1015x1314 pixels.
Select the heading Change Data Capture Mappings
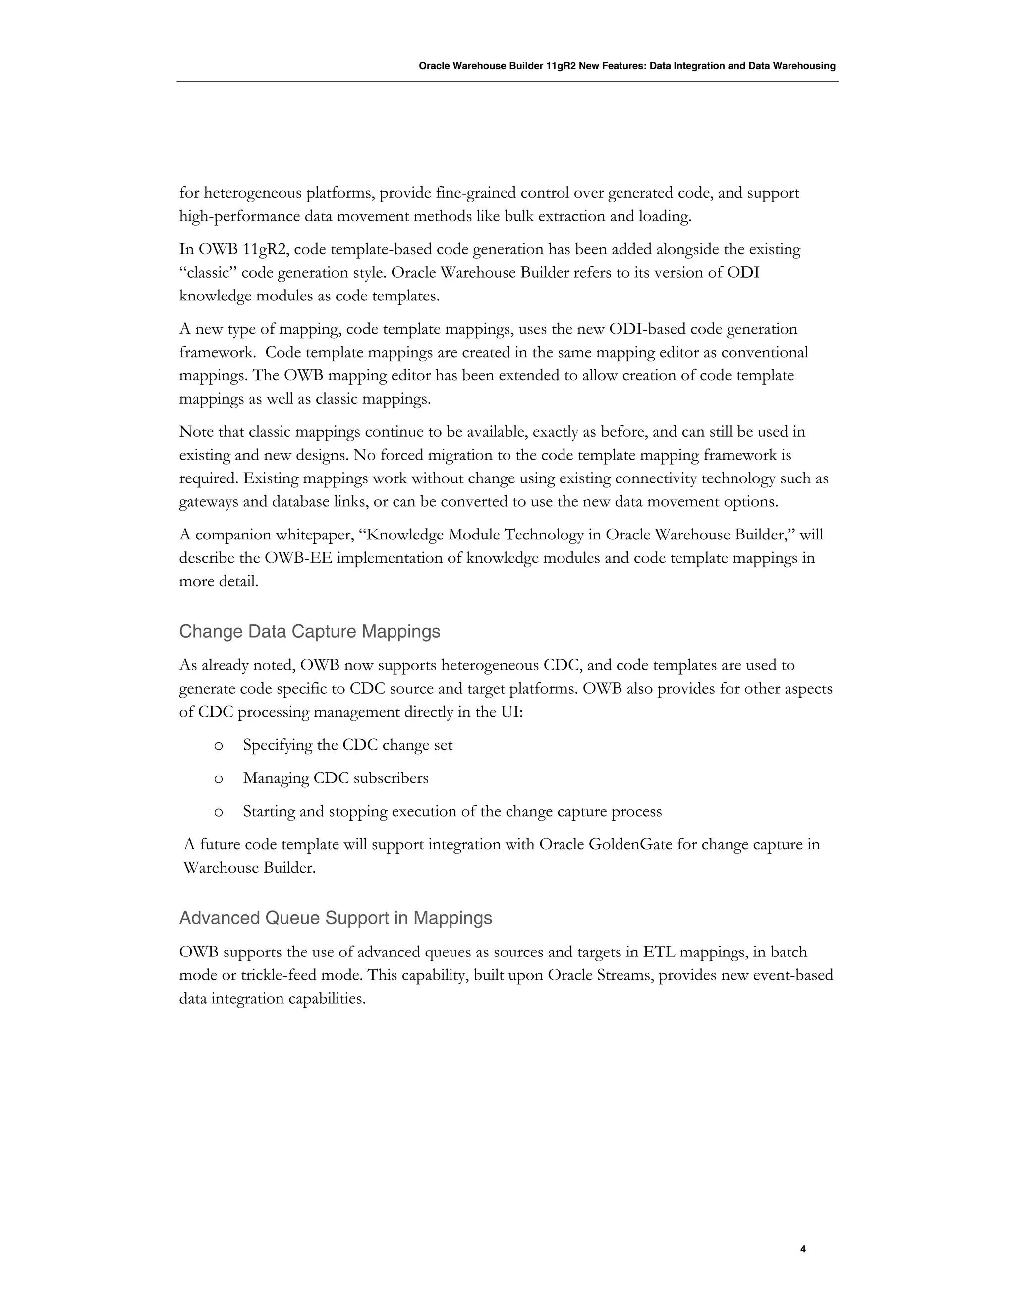pyautogui.click(x=310, y=632)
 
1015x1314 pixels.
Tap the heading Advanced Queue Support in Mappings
pyautogui.click(x=336, y=918)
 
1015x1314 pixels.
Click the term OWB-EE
pyautogui.click(x=298, y=558)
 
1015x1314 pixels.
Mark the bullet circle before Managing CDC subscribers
pyautogui.click(x=218, y=779)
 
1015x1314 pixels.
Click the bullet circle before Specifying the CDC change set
pyautogui.click(x=218, y=746)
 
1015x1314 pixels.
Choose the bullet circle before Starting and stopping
pyautogui.click(x=218, y=812)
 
